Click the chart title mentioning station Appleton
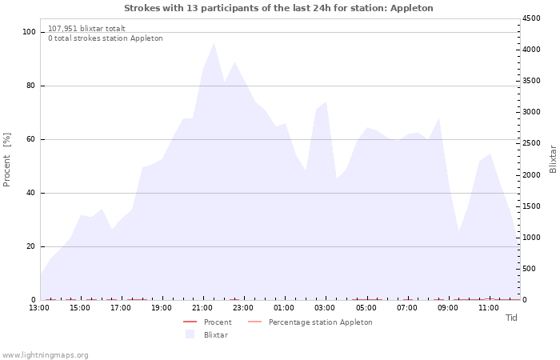278,8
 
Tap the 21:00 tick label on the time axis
202,308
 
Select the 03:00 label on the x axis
325,308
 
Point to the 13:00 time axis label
39,308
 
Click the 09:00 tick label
447,308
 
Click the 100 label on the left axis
29,32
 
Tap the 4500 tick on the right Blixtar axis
531,18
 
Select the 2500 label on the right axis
531,143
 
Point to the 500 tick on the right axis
529,269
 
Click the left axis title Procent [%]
6,160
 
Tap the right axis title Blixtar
553,159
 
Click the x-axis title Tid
511,318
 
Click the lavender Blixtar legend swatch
190,334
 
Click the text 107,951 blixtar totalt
86,29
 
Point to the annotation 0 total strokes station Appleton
106,38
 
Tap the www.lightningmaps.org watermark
44,355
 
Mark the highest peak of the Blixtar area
214,43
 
